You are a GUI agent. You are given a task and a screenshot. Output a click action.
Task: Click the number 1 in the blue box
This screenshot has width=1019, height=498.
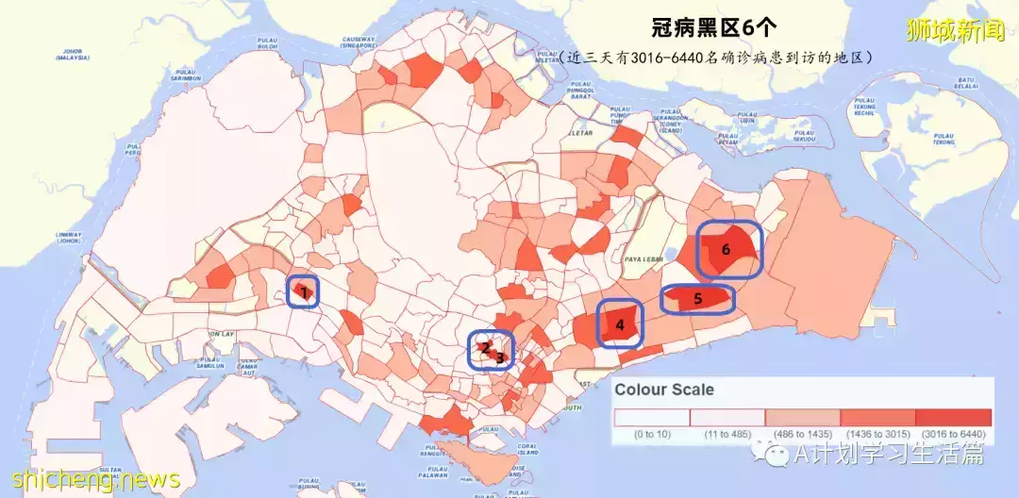tap(303, 292)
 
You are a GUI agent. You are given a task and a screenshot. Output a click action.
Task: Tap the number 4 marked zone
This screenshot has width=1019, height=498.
tap(620, 325)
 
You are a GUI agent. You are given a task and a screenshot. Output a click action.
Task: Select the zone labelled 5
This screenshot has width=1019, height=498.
tap(698, 299)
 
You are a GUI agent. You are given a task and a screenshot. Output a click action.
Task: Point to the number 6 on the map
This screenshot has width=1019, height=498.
tap(726, 250)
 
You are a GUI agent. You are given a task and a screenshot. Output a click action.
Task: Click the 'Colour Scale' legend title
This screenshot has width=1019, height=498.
tap(664, 389)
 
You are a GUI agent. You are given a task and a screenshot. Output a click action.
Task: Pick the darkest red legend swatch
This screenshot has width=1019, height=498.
tap(953, 418)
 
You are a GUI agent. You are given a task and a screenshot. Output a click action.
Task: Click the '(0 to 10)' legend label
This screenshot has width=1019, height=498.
tap(652, 435)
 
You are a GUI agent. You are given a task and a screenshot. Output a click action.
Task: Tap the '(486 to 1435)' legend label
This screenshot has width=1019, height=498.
tap(802, 435)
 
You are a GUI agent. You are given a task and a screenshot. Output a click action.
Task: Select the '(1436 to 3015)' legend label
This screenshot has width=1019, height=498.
tap(877, 435)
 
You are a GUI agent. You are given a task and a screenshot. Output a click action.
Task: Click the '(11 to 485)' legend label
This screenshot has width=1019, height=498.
tap(727, 435)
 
